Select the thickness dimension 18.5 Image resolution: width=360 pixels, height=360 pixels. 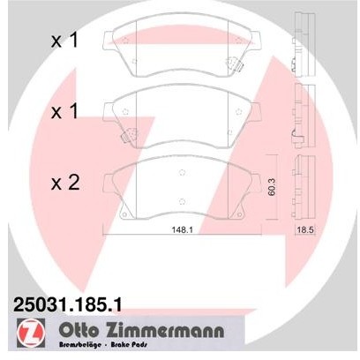point(304,232)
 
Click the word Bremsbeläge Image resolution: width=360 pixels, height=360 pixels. point(80,347)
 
